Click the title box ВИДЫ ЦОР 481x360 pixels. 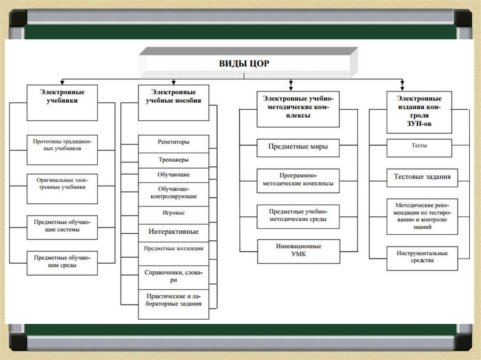click(x=244, y=63)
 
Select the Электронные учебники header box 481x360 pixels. click(x=62, y=102)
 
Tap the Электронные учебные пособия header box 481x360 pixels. click(x=173, y=102)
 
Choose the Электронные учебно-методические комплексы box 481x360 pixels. click(x=298, y=108)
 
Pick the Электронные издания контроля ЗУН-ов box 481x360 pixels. click(x=419, y=112)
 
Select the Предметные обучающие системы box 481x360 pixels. click(x=62, y=227)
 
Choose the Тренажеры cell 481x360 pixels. click(x=173, y=160)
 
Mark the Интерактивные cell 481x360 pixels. click(x=173, y=232)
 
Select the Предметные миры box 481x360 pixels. click(x=298, y=147)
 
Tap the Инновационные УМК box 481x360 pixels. click(x=298, y=251)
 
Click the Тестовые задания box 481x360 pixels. click(x=422, y=177)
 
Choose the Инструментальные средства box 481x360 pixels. click(x=422, y=258)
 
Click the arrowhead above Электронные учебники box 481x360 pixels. click(x=62, y=81)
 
